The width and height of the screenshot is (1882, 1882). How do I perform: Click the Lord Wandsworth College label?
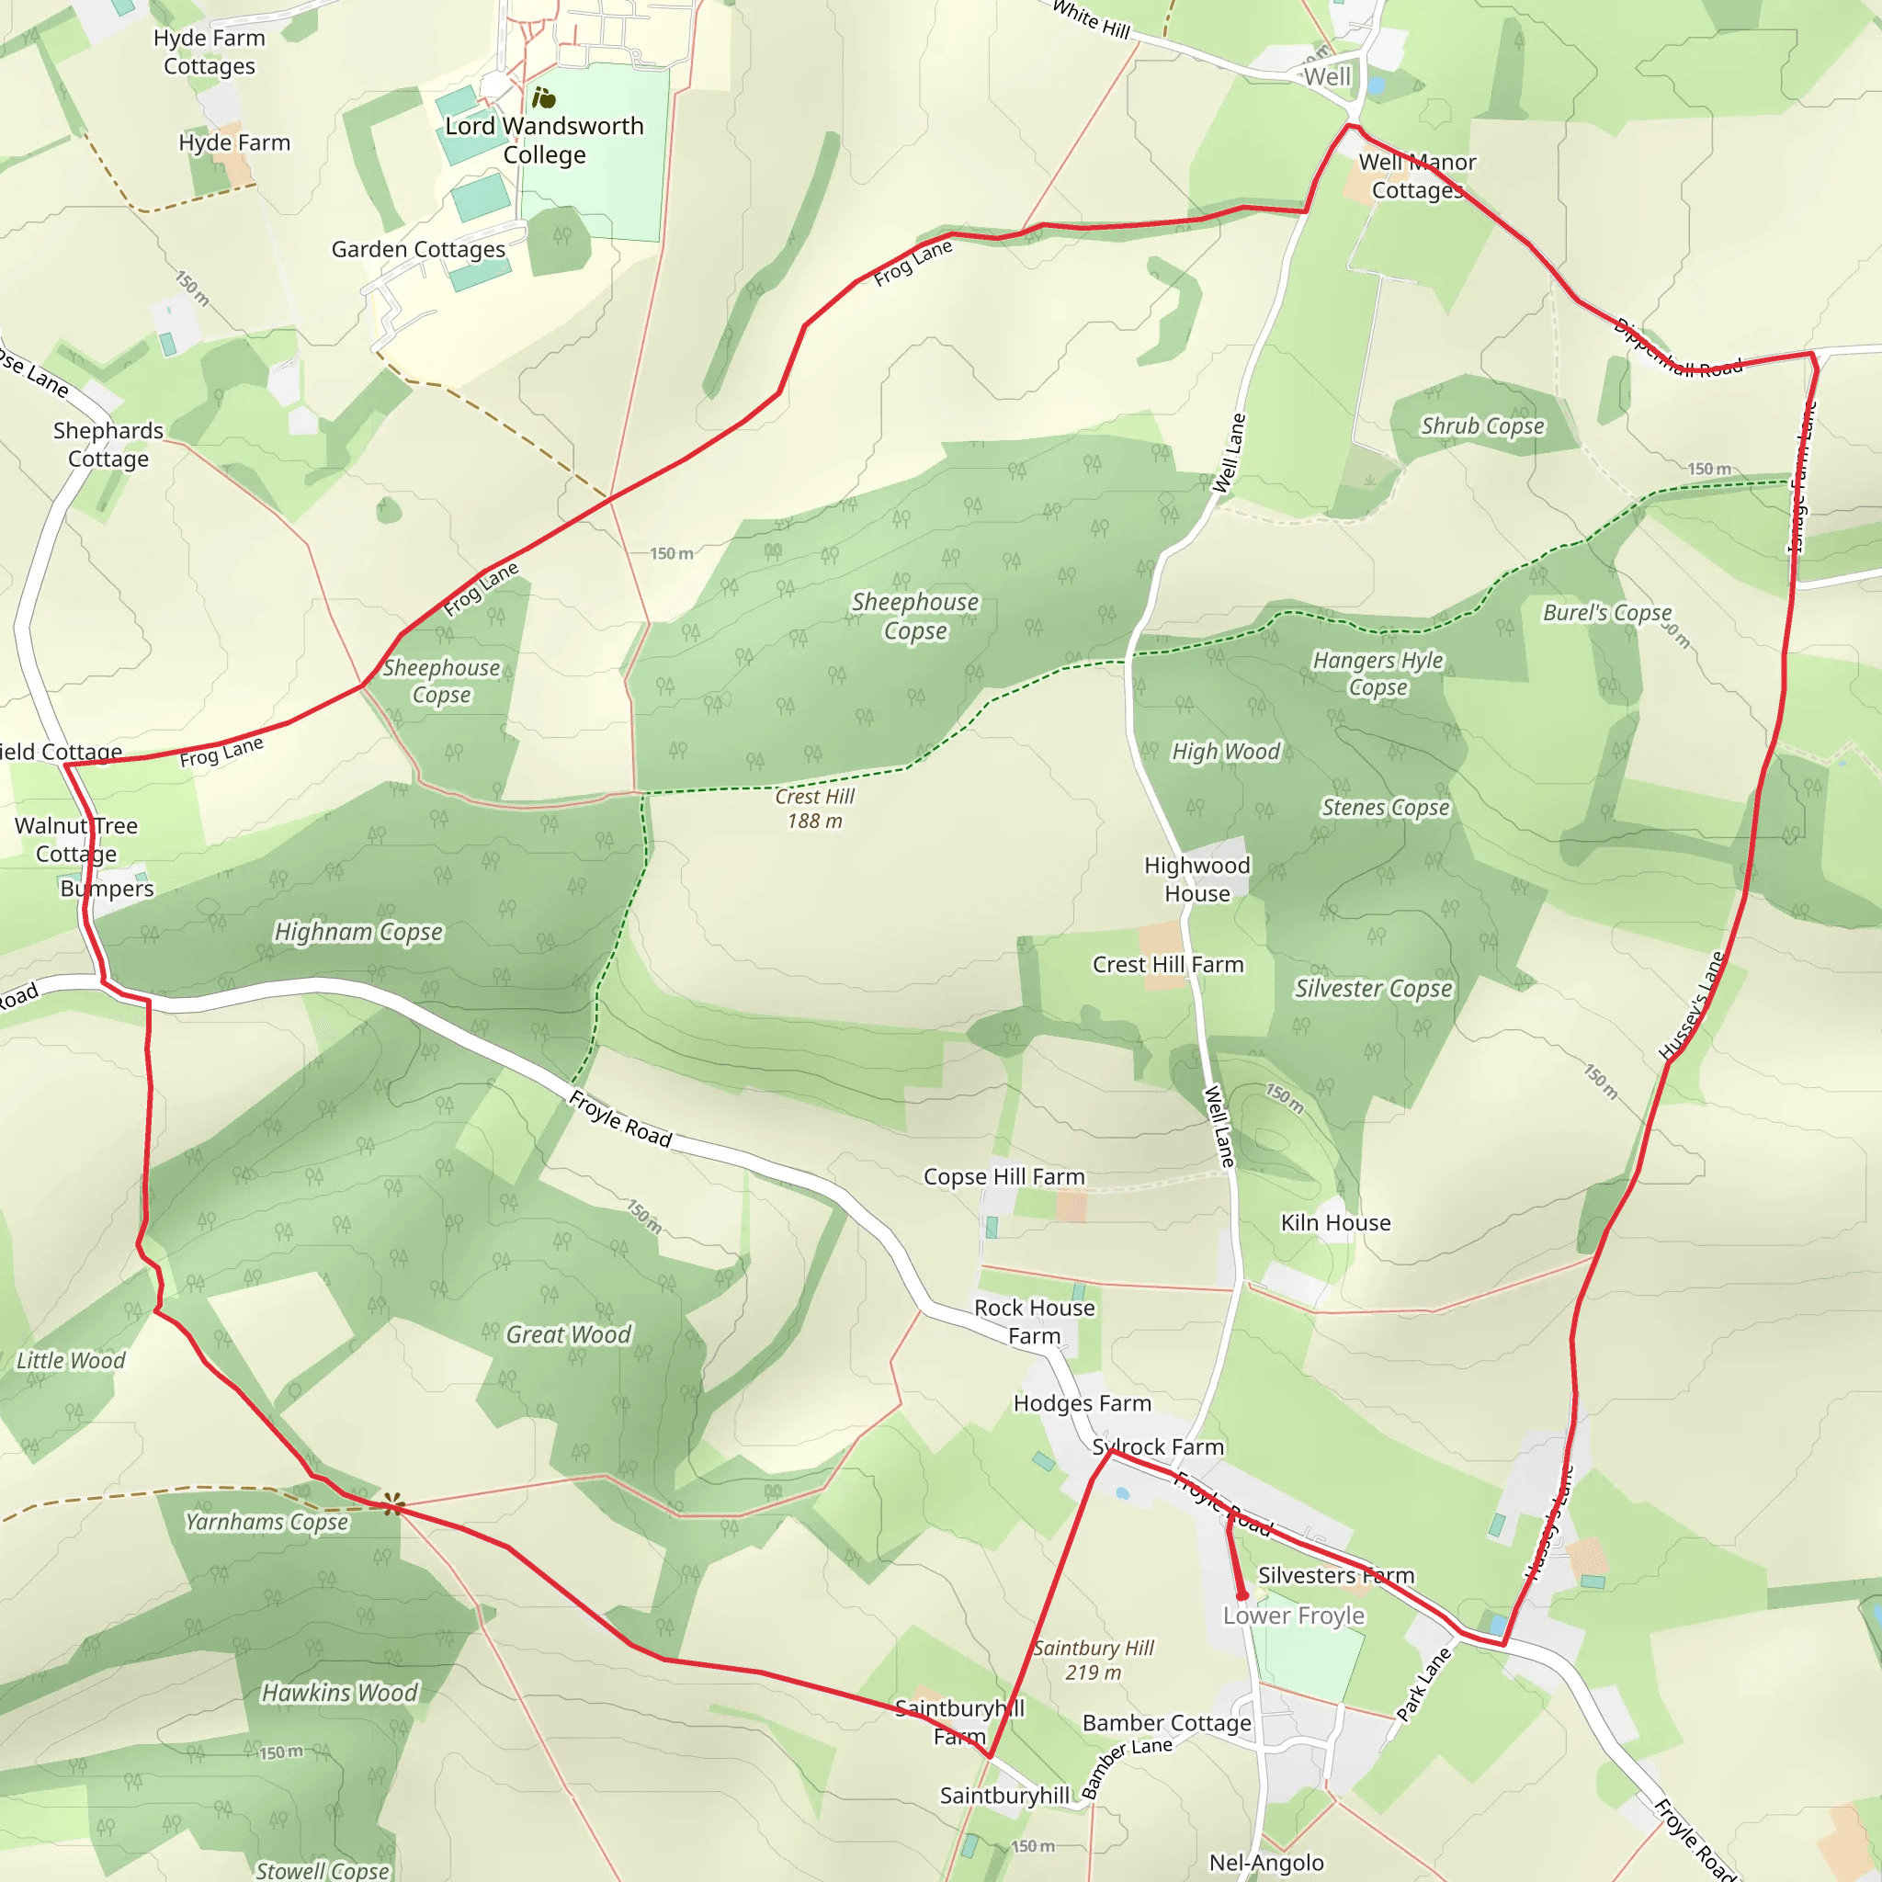545,141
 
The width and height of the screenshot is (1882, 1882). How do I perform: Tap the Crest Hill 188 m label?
814,809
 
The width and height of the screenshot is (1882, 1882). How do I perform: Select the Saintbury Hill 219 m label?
1093,1660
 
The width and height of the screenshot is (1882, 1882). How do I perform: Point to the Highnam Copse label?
358,932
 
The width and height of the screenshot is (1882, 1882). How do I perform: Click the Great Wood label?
568,1334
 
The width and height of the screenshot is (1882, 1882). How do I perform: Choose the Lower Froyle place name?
1294,1616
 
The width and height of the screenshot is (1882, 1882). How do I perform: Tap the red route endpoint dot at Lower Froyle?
1242,1594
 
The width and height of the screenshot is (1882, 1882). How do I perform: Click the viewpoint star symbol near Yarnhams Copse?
392,1505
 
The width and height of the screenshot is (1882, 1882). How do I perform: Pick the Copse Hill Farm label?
1003,1177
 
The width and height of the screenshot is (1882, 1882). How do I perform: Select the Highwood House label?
1197,879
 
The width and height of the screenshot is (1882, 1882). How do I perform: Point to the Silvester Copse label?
1373,989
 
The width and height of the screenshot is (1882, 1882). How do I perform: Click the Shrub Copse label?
1481,425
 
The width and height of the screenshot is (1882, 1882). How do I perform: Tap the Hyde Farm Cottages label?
210,51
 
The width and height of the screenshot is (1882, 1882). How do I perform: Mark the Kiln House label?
1335,1222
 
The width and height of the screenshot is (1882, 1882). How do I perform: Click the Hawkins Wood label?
340,1692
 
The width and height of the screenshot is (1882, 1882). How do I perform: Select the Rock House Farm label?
1035,1321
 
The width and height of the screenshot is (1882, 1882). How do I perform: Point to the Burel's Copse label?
1606,613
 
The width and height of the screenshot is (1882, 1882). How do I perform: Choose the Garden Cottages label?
418,249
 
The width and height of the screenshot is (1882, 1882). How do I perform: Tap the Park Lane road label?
1423,1684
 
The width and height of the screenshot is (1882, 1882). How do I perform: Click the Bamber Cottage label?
1166,1723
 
